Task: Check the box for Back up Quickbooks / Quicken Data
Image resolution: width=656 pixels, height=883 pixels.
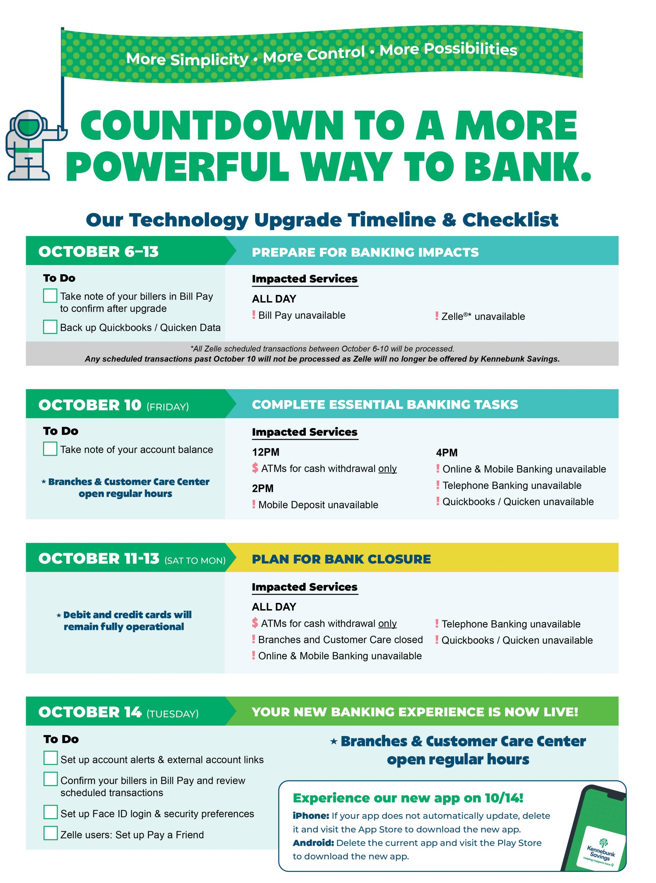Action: click(50, 327)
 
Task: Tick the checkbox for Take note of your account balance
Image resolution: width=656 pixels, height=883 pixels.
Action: click(50, 449)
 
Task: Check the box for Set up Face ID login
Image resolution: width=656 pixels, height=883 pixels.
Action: click(50, 812)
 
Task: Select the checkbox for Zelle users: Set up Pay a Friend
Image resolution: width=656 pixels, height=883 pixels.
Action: click(50, 833)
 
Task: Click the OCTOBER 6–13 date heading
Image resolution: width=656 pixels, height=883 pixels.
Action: click(98, 251)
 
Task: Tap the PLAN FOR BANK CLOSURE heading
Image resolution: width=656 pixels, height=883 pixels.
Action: click(341, 559)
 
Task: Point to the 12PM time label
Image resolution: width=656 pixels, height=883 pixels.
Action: click(265, 452)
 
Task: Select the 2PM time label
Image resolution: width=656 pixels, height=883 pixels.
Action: click(263, 488)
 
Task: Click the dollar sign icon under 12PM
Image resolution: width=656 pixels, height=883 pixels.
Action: click(255, 468)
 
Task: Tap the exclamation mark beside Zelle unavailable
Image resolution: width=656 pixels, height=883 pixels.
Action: click(437, 316)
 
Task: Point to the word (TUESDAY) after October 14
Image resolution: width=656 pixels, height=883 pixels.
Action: click(172, 714)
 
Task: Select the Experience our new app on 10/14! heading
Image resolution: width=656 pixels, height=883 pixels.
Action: click(408, 798)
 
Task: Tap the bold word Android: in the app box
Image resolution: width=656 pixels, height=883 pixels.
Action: click(313, 843)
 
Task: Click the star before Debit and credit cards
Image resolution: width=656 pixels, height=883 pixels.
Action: click(59, 616)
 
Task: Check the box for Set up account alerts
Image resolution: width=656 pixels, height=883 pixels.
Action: click(50, 758)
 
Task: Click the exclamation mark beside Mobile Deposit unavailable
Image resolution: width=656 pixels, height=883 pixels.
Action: click(254, 504)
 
